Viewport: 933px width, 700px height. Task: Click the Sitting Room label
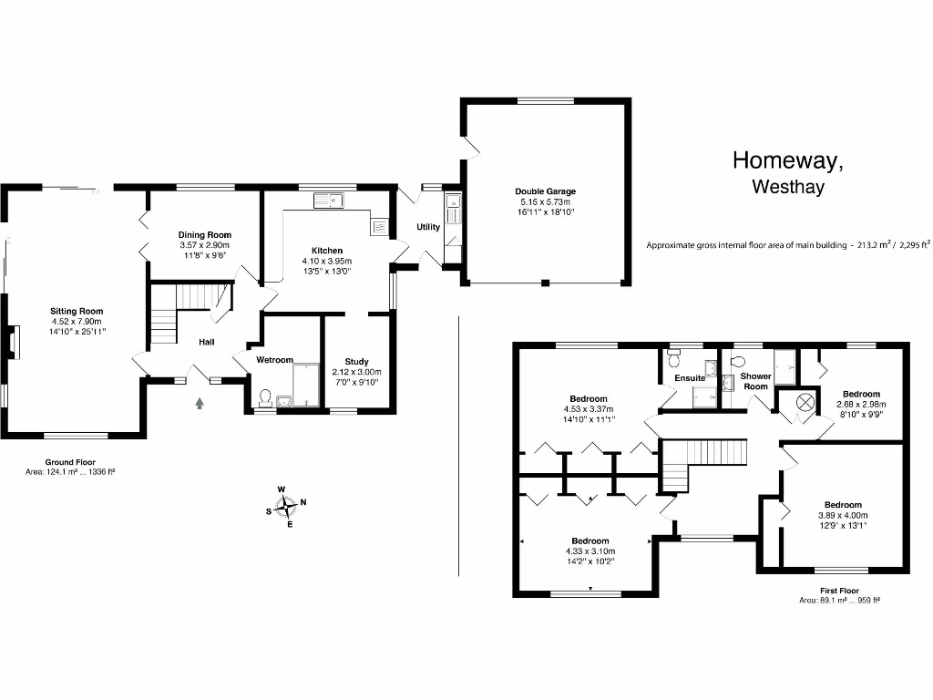(x=77, y=312)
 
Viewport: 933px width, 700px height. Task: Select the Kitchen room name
(x=327, y=251)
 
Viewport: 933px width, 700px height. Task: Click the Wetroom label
(x=274, y=360)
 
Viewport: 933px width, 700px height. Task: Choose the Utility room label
(x=427, y=227)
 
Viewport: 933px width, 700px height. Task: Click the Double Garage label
(x=546, y=191)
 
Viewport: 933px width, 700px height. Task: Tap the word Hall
(x=208, y=343)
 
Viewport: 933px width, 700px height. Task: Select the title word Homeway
(x=788, y=161)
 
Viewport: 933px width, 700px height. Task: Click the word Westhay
(x=788, y=188)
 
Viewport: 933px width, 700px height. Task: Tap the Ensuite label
(x=689, y=378)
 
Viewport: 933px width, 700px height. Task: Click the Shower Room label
(x=755, y=381)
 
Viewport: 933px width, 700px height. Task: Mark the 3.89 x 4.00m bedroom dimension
(x=843, y=515)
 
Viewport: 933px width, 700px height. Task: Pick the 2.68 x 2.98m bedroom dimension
(x=861, y=405)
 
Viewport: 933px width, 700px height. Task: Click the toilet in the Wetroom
(x=265, y=397)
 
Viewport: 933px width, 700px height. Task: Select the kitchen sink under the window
(x=326, y=201)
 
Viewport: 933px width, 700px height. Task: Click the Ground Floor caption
(x=70, y=462)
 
